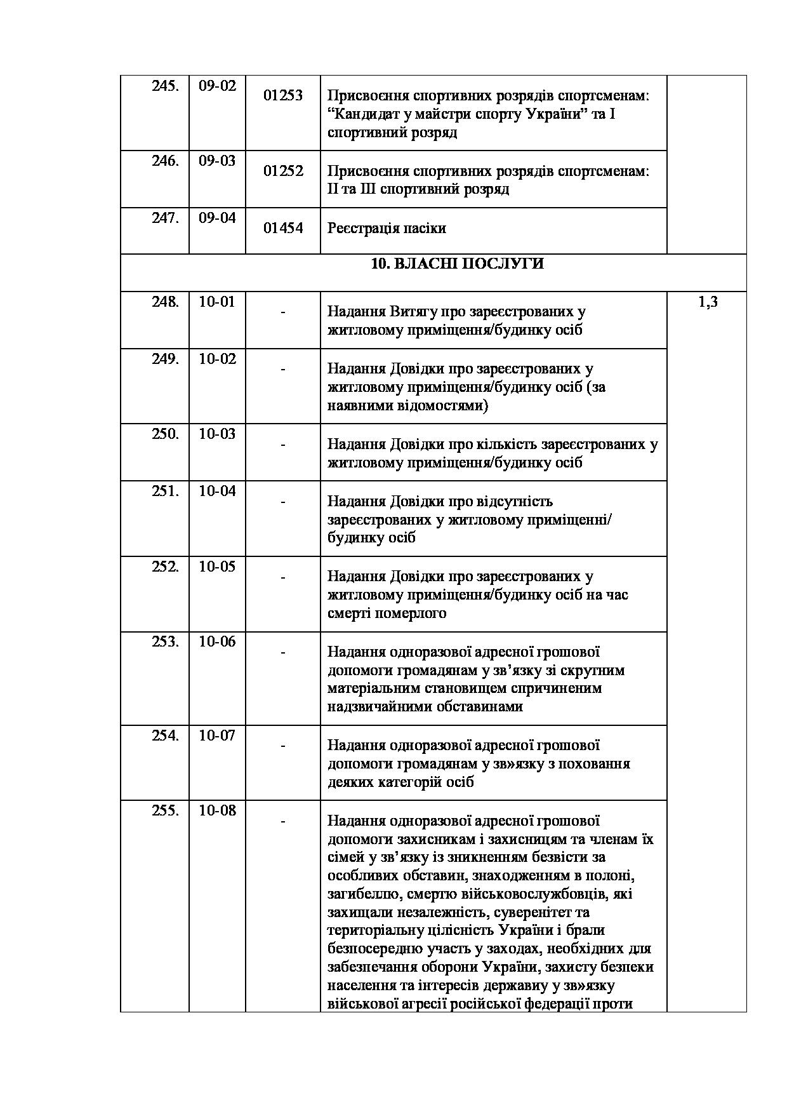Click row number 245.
pyautogui.click(x=164, y=86)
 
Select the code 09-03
pyautogui.click(x=217, y=161)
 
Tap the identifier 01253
pyautogui.click(x=283, y=96)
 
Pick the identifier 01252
pyautogui.click(x=283, y=171)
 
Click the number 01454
pyautogui.click(x=283, y=229)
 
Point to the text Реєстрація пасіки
pyautogui.click(x=387, y=229)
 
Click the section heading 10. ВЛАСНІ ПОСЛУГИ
pyautogui.click(x=457, y=264)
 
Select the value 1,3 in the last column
pyautogui.click(x=708, y=302)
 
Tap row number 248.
pyautogui.click(x=165, y=302)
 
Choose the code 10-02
pyautogui.click(x=217, y=359)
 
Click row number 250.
pyautogui.click(x=165, y=434)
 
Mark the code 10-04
pyautogui.click(x=217, y=492)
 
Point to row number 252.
pyautogui.click(x=165, y=567)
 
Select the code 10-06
pyautogui.click(x=217, y=642)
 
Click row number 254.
pyautogui.click(x=165, y=736)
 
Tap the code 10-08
pyautogui.click(x=217, y=811)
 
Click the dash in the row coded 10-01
pyautogui.click(x=282, y=312)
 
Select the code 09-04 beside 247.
pyautogui.click(x=217, y=218)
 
